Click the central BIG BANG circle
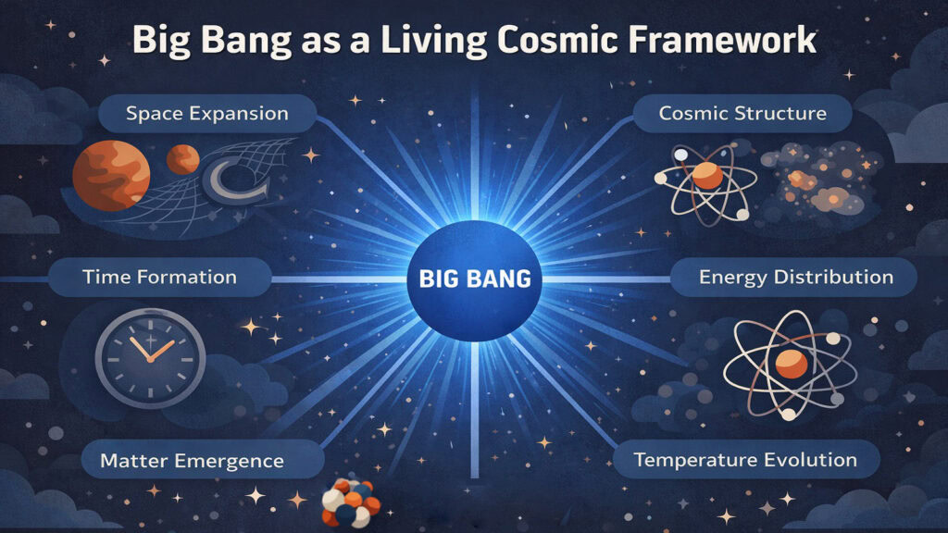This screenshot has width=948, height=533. (473, 278)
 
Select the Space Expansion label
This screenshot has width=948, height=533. (207, 115)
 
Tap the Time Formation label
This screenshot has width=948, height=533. (159, 277)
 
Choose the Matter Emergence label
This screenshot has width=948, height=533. (192, 460)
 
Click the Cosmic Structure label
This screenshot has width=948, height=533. (742, 114)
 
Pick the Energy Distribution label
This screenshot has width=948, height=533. (795, 277)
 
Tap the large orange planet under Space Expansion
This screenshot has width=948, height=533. (111, 175)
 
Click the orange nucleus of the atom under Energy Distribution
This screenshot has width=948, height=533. (791, 364)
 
